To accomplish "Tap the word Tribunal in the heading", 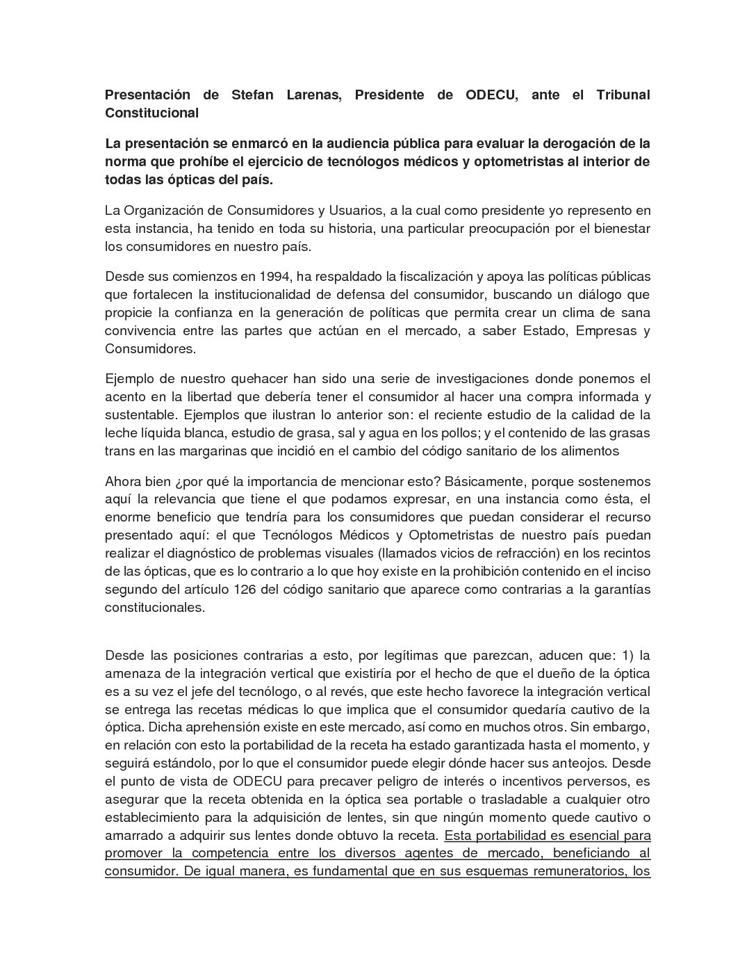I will tap(623, 95).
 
